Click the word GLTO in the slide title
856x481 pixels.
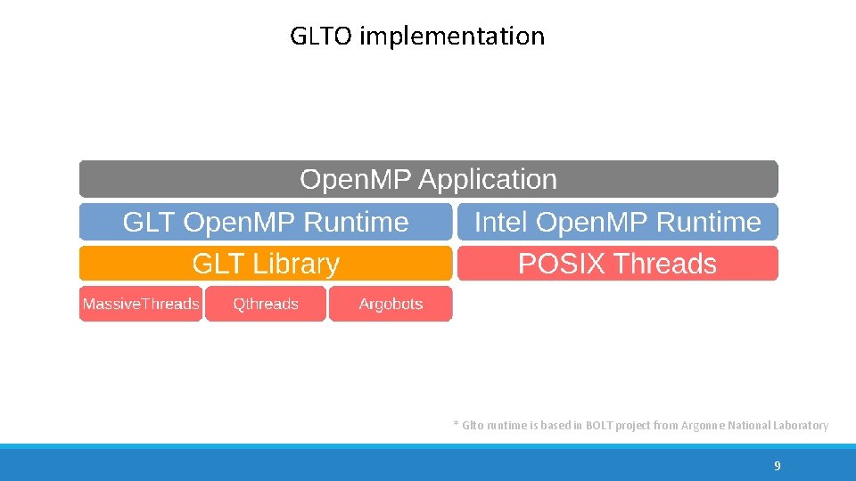tap(322, 37)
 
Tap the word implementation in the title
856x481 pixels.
tap(452, 37)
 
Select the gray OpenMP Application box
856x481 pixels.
tap(428, 179)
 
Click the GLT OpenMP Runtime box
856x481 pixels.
tap(266, 222)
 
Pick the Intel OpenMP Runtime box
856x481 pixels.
tap(617, 222)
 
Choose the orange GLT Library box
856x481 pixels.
tap(266, 264)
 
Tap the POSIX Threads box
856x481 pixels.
tap(617, 264)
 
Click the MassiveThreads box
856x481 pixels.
tap(141, 304)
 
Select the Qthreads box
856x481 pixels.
tap(266, 304)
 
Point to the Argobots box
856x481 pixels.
tap(391, 304)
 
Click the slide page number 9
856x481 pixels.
tap(778, 466)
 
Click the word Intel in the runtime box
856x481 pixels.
tap(502, 222)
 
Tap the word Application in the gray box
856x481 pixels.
tap(488, 180)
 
